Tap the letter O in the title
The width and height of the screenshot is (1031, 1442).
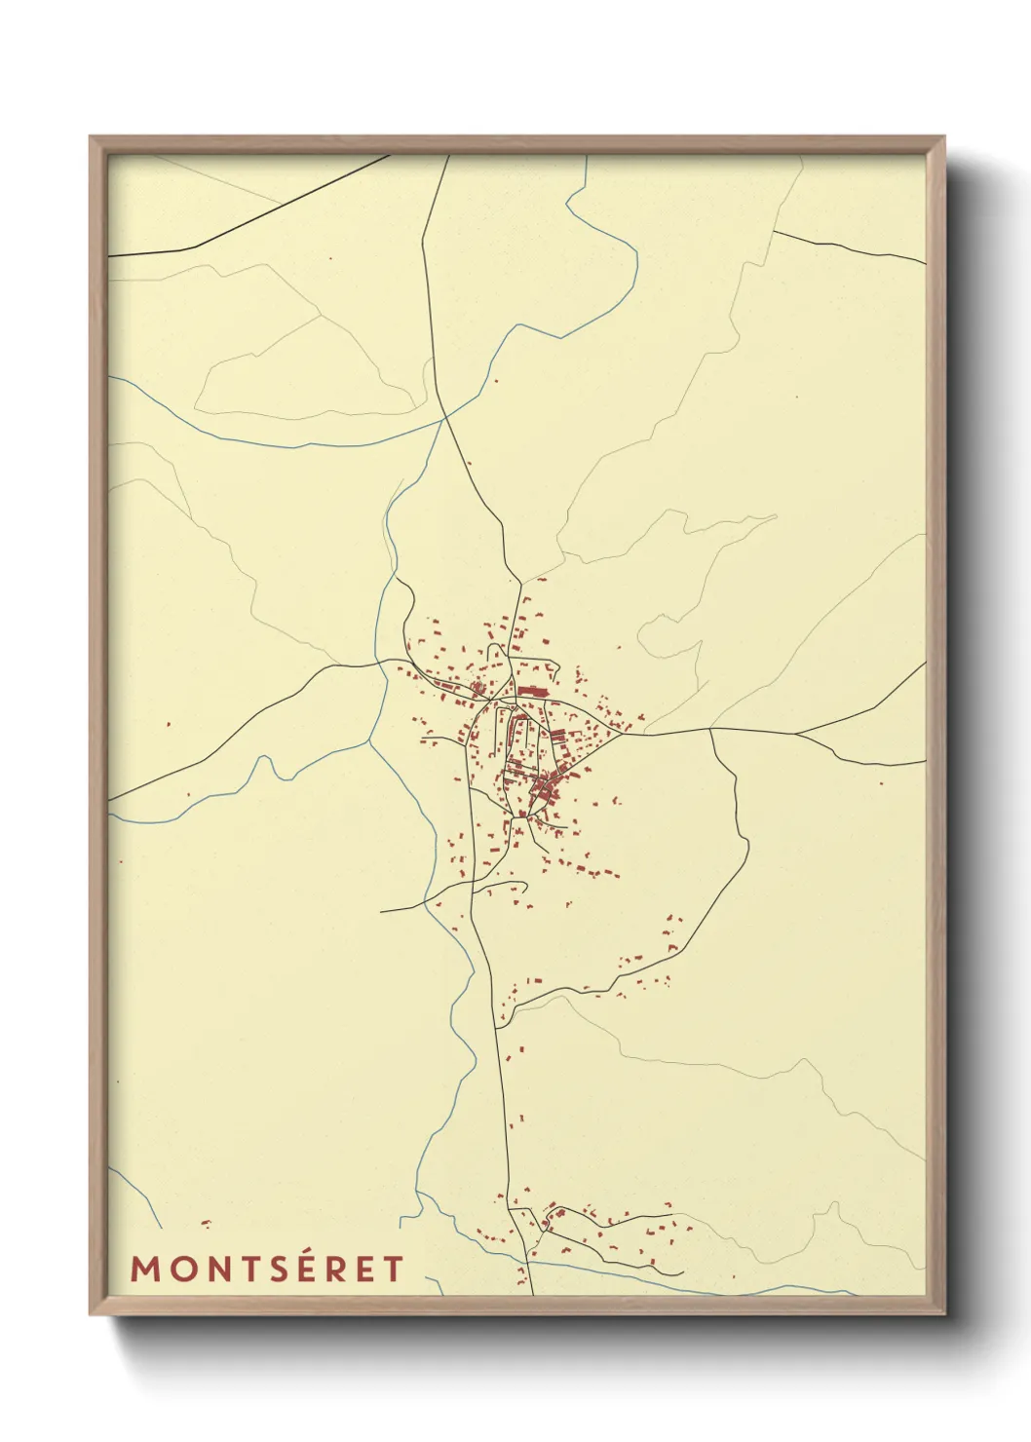[185, 1269]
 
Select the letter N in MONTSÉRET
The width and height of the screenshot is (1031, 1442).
[223, 1269]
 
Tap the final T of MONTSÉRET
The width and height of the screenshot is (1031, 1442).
[393, 1269]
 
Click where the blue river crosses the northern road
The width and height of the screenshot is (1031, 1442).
[445, 417]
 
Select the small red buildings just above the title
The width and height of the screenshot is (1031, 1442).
[205, 1223]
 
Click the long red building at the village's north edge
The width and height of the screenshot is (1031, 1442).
[531, 691]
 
